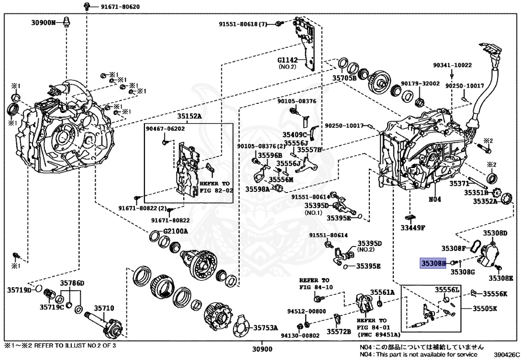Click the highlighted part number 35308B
pos(432,263)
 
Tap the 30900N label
pos(43,22)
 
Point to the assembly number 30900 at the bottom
pos(262,349)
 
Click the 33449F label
pos(412,228)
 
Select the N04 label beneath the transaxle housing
pos(434,199)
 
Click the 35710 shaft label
pos(102,308)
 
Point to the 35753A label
pos(266,327)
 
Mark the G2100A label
pos(176,231)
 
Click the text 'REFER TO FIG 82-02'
pos(215,186)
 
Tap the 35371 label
pos(458,183)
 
